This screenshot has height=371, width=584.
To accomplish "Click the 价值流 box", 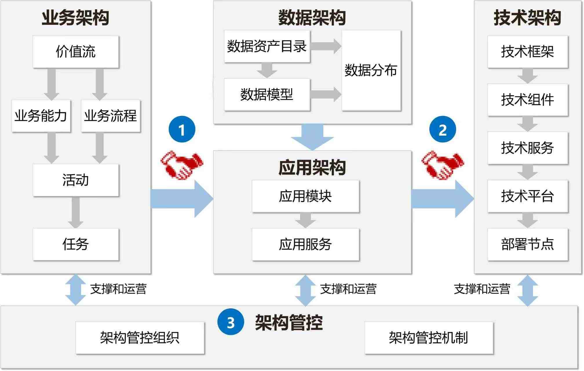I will coord(76,52).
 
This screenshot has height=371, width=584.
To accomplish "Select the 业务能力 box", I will coord(41,116).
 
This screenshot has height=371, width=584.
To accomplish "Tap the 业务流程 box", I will coord(111,116).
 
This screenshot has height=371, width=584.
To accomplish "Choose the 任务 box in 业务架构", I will coord(76,244).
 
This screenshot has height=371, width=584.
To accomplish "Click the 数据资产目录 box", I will coord(267,46).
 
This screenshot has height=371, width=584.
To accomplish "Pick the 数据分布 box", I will coord(371,70).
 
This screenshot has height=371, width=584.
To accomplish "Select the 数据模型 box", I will coord(267,94).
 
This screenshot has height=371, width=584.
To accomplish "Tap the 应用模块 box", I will coord(305,196).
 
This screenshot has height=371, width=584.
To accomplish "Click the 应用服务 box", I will coord(305,244).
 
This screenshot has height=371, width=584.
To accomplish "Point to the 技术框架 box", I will coord(528,52).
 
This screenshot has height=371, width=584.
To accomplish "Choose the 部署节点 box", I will coord(528,244).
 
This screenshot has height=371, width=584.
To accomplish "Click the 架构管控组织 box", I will coord(140,338).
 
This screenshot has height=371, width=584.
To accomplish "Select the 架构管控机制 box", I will coord(428,338).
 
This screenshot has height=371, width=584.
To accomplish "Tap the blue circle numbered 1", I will coord(182,129).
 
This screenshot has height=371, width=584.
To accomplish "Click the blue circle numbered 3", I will coord(231,322).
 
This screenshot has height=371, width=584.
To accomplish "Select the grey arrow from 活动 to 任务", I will coord(76,212).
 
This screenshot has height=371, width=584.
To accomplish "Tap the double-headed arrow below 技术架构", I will coord(528,290).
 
